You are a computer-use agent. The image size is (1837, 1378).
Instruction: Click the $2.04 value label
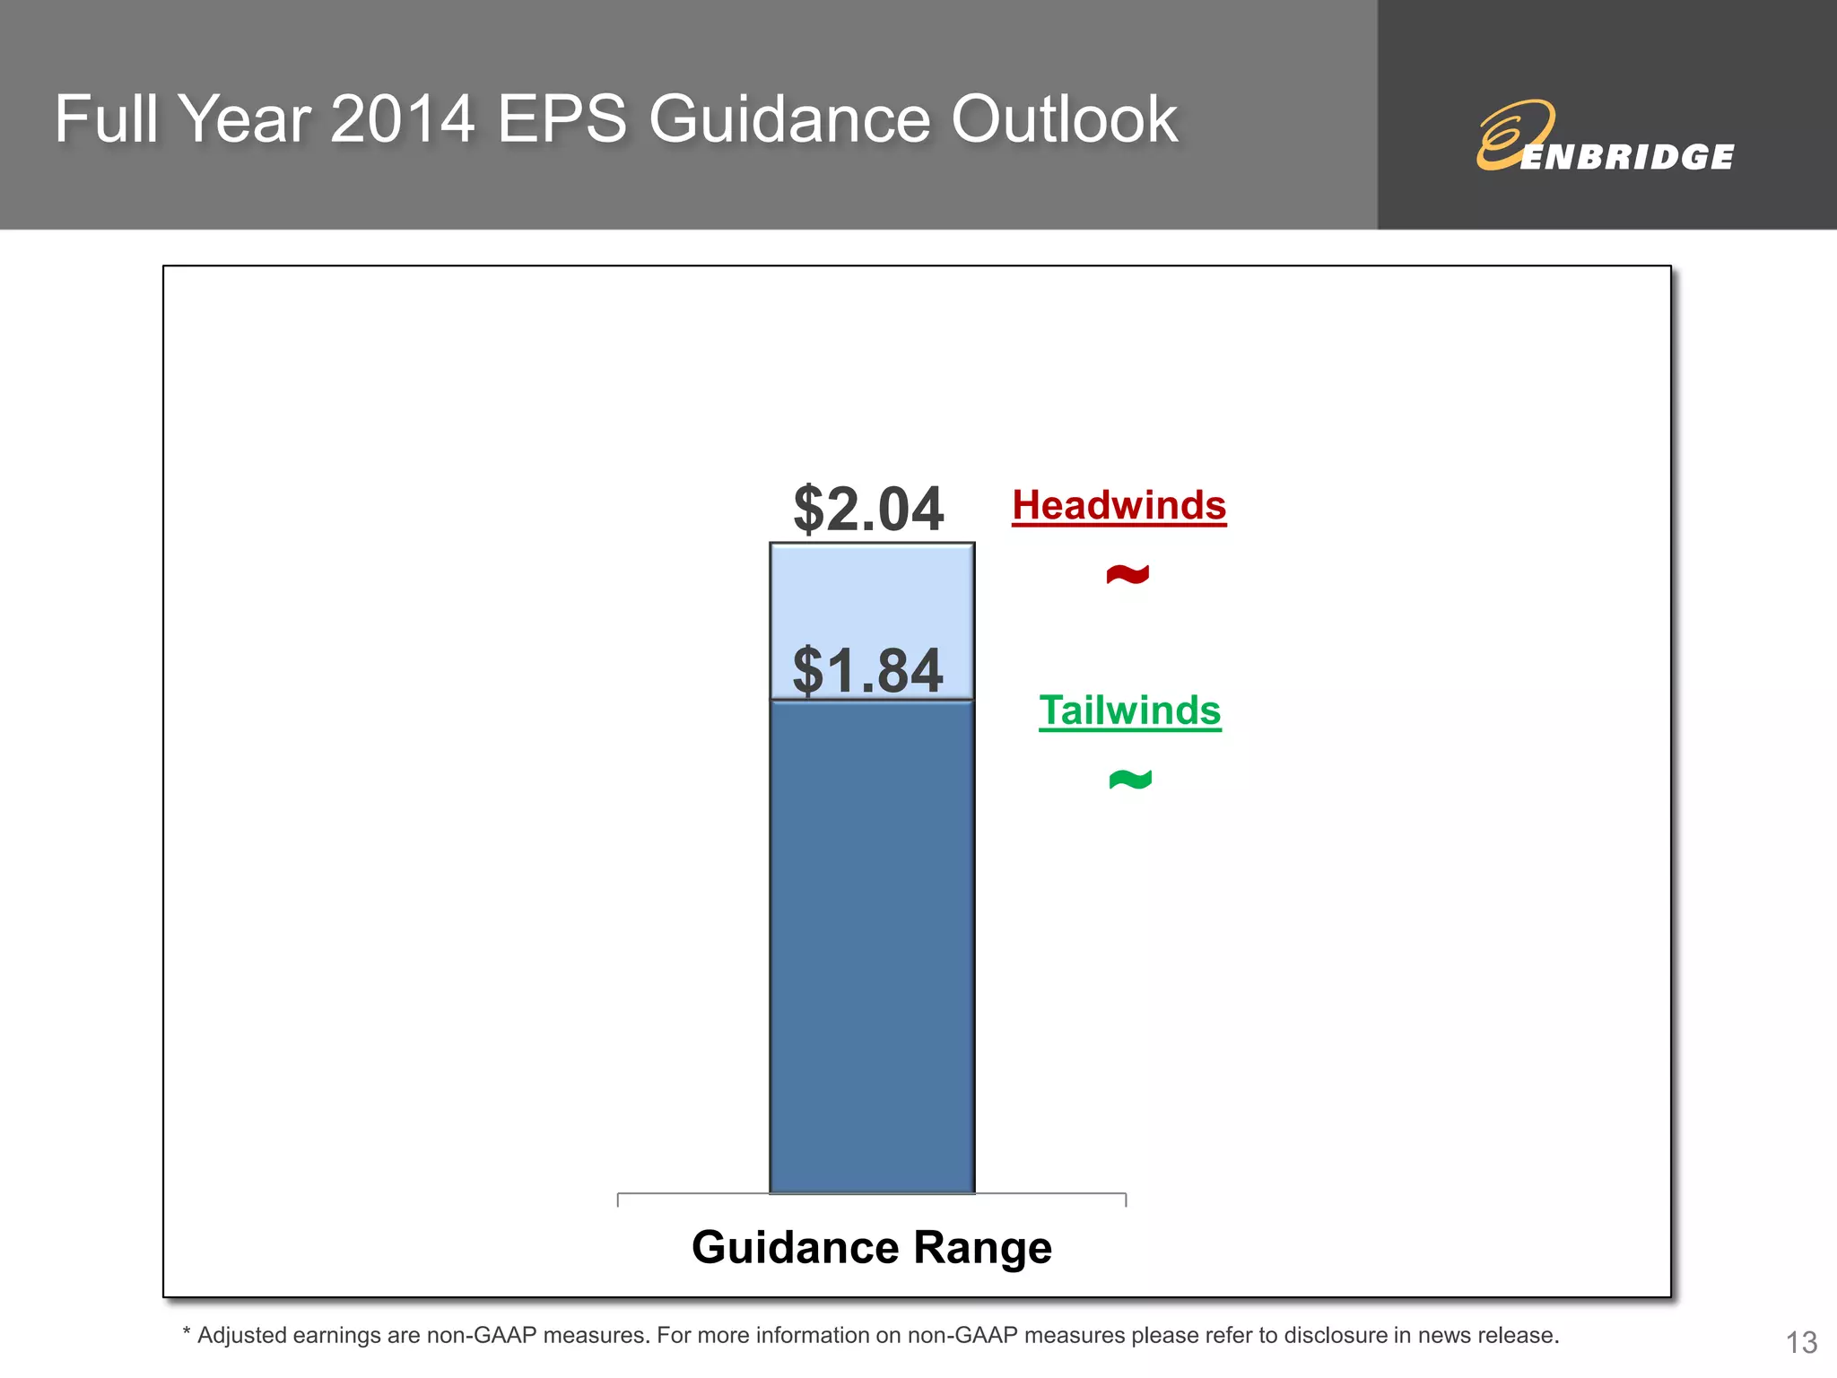868,510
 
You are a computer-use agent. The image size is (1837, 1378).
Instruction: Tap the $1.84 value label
868,670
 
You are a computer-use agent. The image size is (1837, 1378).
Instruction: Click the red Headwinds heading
1119,505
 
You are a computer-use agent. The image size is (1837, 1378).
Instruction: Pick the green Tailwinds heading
1129,711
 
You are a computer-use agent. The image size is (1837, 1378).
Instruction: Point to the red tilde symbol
1127,574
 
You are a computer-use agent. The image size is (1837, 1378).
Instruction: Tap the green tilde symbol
1130,780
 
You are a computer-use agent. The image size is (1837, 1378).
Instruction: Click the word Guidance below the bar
795,1248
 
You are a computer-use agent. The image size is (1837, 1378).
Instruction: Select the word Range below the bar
982,1248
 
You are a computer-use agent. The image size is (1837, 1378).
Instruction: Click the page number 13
1801,1342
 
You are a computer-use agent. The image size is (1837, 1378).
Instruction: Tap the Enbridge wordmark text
1628,157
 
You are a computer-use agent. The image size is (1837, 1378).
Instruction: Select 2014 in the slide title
402,119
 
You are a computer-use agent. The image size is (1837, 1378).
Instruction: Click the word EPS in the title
562,119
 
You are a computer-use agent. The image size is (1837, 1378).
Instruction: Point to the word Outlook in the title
1064,119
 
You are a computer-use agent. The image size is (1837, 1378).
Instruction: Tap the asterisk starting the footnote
187,1334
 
